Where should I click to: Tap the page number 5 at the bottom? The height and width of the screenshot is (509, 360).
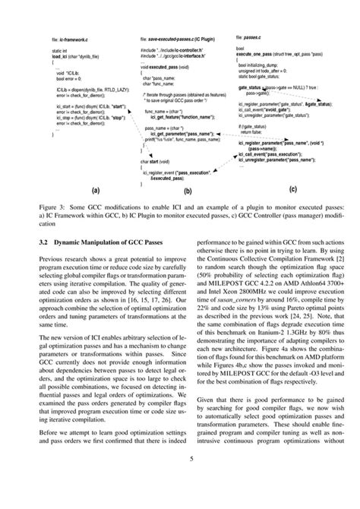click(x=180, y=479)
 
